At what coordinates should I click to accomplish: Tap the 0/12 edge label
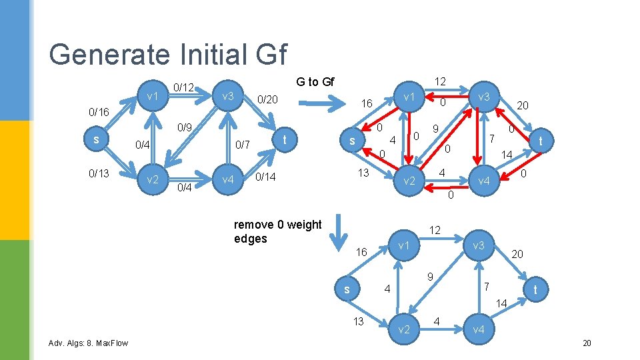183,87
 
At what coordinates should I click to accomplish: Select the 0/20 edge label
269,99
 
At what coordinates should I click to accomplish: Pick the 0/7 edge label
242,145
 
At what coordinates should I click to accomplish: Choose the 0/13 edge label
99,173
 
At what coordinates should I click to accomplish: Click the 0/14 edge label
266,177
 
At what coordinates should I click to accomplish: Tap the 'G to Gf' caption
315,82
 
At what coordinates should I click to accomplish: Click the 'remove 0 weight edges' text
277,231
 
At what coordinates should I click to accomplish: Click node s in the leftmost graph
97,139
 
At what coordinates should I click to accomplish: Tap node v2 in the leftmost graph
152,180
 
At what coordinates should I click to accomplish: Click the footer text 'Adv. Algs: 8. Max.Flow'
88,343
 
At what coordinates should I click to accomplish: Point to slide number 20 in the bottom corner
587,343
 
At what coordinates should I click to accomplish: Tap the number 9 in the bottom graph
430,277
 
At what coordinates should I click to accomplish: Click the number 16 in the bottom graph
361,253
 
